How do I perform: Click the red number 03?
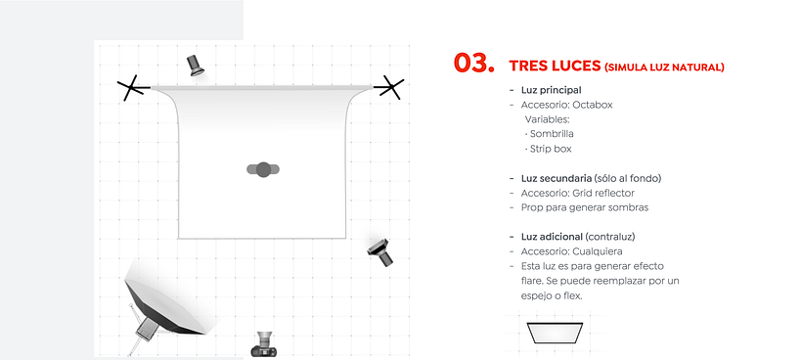tap(473, 63)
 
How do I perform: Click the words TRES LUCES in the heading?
tap(555, 66)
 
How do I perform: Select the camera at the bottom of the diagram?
tap(264, 344)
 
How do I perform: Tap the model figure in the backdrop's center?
tap(263, 169)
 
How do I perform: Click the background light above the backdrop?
tap(195, 65)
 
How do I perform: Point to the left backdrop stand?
tap(133, 88)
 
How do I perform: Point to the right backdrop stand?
tap(389, 87)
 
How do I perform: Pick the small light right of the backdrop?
tap(380, 252)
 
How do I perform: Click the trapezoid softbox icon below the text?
tap(555, 333)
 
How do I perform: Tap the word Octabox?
tap(593, 105)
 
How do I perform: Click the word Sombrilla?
tap(552, 134)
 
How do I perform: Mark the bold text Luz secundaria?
tap(556, 178)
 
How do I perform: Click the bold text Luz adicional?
tap(552, 237)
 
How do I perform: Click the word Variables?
tap(547, 119)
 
